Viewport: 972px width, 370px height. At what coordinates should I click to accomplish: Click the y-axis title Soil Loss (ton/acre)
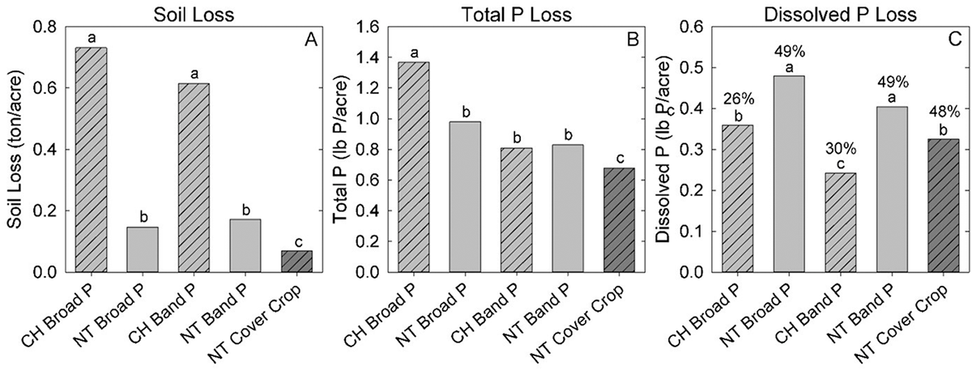coord(13,150)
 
